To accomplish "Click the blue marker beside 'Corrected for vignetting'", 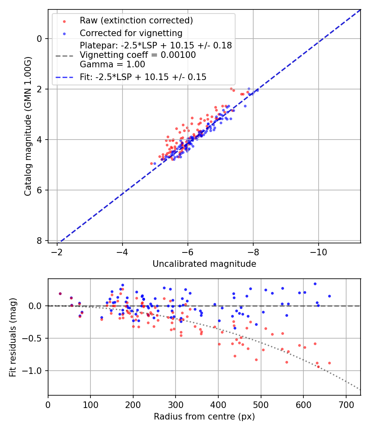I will (64, 33).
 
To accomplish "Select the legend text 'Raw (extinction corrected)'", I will (136, 21).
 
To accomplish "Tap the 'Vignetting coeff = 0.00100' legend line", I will (138, 55).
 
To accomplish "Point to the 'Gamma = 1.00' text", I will (112, 64).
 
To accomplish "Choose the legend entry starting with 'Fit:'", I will (143, 77).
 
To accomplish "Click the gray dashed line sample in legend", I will (64, 55).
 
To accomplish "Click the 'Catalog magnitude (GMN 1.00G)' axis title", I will (28, 125).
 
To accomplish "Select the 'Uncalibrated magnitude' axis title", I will (204, 264).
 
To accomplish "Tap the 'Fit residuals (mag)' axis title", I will (13, 337).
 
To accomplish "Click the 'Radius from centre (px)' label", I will (204, 417).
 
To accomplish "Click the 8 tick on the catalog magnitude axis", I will (39, 241).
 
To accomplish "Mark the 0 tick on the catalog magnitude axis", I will (39, 39).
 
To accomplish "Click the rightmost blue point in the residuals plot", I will (329, 296).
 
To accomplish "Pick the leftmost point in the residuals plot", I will (60, 293).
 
